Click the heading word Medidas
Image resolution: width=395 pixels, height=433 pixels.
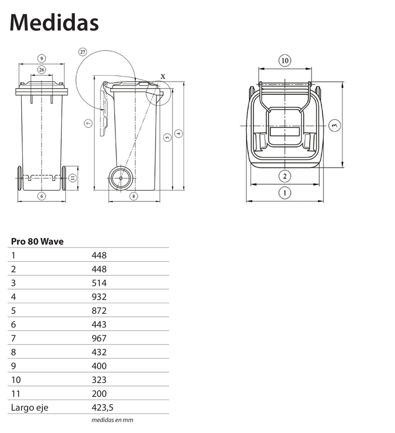tap(54, 23)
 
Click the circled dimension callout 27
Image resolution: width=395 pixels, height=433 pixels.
tap(82, 52)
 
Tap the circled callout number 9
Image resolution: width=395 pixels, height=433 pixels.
tap(41, 58)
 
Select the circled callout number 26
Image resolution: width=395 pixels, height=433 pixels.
tap(41, 69)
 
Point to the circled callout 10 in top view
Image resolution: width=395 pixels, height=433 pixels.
tap(285, 61)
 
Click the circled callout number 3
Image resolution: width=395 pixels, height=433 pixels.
tap(334, 125)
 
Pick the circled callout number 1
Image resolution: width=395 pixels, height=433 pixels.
tap(285, 193)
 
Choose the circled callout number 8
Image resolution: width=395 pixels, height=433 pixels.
tap(134, 196)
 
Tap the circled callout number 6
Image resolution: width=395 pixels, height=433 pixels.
tap(41, 196)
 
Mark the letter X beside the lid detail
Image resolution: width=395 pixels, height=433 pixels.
tap(163, 76)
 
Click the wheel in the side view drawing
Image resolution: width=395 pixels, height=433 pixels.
tap(121, 178)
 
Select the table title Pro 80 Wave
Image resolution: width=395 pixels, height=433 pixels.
tap(37, 241)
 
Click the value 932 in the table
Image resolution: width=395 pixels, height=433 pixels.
tap(99, 297)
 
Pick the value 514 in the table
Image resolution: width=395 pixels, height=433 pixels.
tap(99, 283)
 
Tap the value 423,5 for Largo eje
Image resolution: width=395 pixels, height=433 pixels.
tap(103, 408)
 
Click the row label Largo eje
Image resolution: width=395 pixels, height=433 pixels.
tap(30, 408)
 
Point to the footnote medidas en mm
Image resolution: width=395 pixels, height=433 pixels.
tap(112, 420)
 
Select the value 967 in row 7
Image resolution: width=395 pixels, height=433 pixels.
tap(99, 338)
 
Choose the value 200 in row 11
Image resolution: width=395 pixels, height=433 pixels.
tap(99, 394)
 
